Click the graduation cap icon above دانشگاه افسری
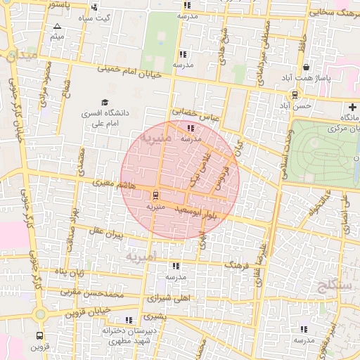[105, 103]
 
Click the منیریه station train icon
[155, 197]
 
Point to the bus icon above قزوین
[40, 335]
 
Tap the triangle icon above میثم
[57, 26]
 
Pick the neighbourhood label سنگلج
[328, 285]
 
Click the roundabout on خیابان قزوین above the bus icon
[40, 312]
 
